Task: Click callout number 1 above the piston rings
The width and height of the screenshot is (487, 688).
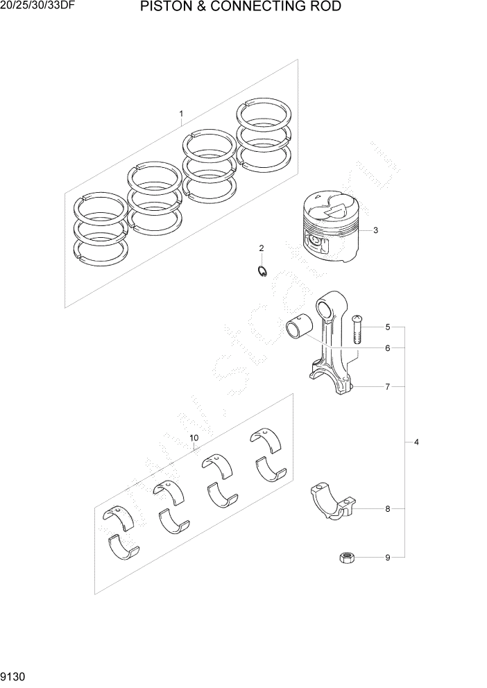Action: [181, 113]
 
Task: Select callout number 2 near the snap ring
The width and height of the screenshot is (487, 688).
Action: [262, 248]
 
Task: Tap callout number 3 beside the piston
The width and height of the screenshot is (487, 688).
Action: [375, 231]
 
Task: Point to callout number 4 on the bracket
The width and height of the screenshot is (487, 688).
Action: [416, 442]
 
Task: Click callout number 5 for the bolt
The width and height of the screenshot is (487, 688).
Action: [388, 327]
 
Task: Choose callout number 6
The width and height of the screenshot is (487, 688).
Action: [388, 347]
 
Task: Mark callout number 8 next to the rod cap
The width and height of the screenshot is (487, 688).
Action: [388, 509]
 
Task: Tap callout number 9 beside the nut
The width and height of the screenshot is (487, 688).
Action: [388, 557]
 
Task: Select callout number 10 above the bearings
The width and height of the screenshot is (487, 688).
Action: [194, 438]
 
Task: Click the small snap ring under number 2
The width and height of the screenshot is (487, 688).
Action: [262, 271]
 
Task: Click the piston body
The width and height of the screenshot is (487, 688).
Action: [330, 229]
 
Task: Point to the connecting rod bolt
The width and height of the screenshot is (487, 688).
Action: [357, 329]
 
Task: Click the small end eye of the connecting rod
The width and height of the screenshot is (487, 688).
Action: [326, 306]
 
